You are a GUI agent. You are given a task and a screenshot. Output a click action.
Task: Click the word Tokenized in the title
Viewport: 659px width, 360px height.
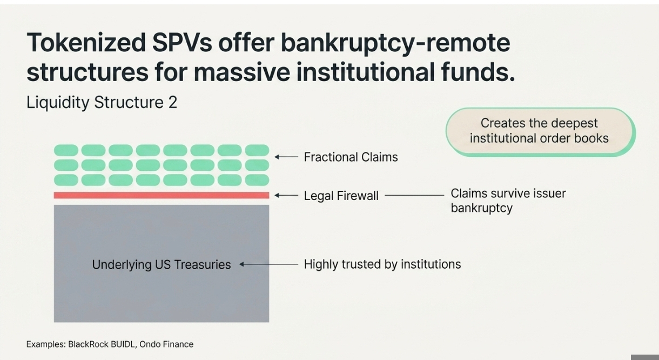(86, 42)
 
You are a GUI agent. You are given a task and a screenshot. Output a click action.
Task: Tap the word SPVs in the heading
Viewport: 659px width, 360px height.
(182, 42)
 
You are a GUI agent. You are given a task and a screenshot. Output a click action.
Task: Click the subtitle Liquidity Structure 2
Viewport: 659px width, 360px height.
(102, 103)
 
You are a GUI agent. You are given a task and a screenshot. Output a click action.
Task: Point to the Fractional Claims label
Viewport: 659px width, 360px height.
(351, 157)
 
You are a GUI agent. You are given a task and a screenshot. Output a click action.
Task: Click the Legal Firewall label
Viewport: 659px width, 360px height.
(341, 196)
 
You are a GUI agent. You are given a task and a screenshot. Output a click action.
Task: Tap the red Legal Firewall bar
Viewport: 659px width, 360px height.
(162, 195)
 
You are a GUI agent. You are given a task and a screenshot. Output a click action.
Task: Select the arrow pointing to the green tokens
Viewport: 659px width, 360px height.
(286, 157)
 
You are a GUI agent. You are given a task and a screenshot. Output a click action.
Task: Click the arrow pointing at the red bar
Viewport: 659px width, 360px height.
(286, 195)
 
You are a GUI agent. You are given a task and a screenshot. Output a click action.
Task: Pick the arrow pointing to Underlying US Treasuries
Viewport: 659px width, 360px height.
(269, 264)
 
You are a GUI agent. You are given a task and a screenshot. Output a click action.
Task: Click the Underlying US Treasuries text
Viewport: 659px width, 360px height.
(161, 264)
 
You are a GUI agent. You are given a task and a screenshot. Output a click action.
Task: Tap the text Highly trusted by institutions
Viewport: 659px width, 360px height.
(382, 264)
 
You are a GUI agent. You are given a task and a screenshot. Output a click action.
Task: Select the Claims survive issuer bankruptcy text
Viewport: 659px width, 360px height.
(508, 201)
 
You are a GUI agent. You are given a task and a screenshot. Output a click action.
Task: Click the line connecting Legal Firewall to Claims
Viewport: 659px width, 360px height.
(414, 195)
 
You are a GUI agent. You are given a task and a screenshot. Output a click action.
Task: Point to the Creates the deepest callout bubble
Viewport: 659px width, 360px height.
(540, 131)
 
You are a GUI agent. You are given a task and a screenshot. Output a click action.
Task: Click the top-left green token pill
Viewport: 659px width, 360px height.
(66, 150)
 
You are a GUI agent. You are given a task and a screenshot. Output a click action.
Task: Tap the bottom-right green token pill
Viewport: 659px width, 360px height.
(257, 180)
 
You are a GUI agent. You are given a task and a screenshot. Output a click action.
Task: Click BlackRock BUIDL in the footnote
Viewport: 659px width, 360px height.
(101, 344)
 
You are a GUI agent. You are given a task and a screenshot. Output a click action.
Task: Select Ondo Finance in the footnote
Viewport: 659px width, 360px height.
(166, 344)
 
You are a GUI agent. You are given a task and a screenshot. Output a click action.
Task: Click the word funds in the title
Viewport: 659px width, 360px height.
(478, 72)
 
